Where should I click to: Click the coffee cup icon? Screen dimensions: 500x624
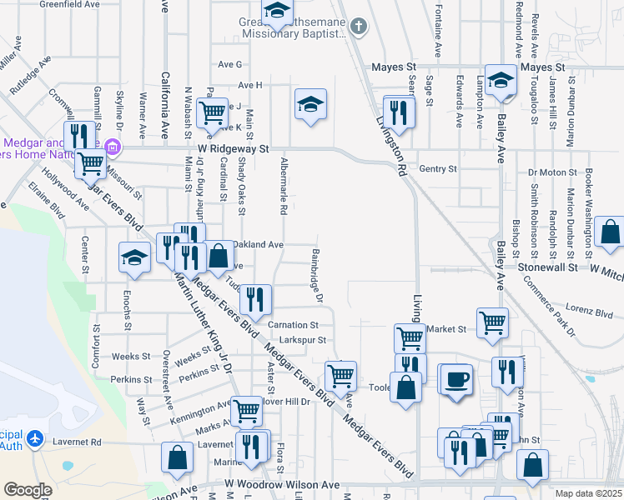coord(455,378)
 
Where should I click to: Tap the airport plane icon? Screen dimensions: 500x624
coord(35,437)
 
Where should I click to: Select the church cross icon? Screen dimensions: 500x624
coord(359,27)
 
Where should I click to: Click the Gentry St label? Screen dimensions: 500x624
coord(438,168)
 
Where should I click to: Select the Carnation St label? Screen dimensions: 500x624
coord(293,325)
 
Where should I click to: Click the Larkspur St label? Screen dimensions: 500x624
coord(303,340)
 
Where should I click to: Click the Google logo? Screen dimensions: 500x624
coord(28,490)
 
